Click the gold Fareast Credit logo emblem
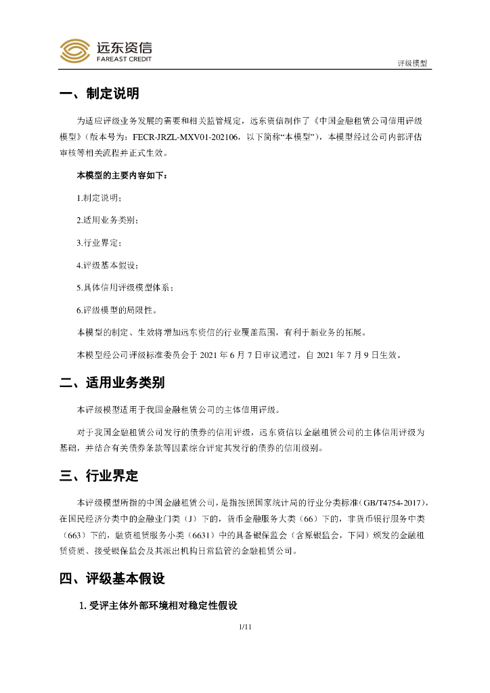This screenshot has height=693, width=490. point(75,50)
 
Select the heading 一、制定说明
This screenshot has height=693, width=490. point(99,94)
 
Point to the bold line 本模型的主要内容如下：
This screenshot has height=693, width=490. point(122,176)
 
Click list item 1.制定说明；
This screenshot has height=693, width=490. point(99,198)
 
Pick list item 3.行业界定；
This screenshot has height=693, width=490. point(99,243)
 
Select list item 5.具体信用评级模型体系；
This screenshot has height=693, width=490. point(125,288)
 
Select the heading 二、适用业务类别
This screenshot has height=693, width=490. point(112,383)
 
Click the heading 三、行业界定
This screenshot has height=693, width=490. point(99,476)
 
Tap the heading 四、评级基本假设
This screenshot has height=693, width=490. point(112,579)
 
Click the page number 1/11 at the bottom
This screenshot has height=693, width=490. point(245,627)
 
